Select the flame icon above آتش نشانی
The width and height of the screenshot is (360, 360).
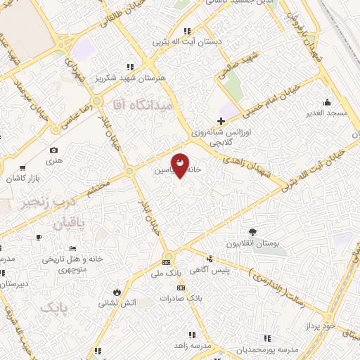click(x=116, y=291)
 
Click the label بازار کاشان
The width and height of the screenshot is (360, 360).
click(x=25, y=179)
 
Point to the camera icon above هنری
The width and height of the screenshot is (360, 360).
click(x=54, y=150)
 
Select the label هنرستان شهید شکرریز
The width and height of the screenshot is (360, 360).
click(x=163, y=78)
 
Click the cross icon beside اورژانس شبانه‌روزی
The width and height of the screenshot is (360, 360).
click(x=221, y=121)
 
